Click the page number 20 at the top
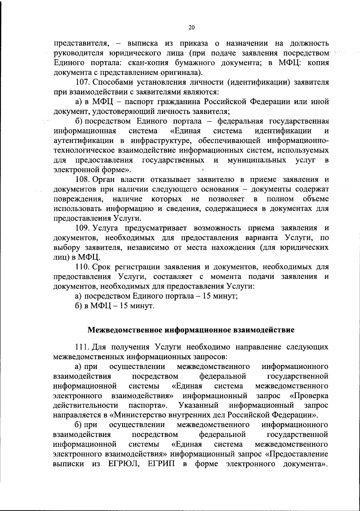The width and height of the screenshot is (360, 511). (192, 28)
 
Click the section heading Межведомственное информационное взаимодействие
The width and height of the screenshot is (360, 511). (191, 330)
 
